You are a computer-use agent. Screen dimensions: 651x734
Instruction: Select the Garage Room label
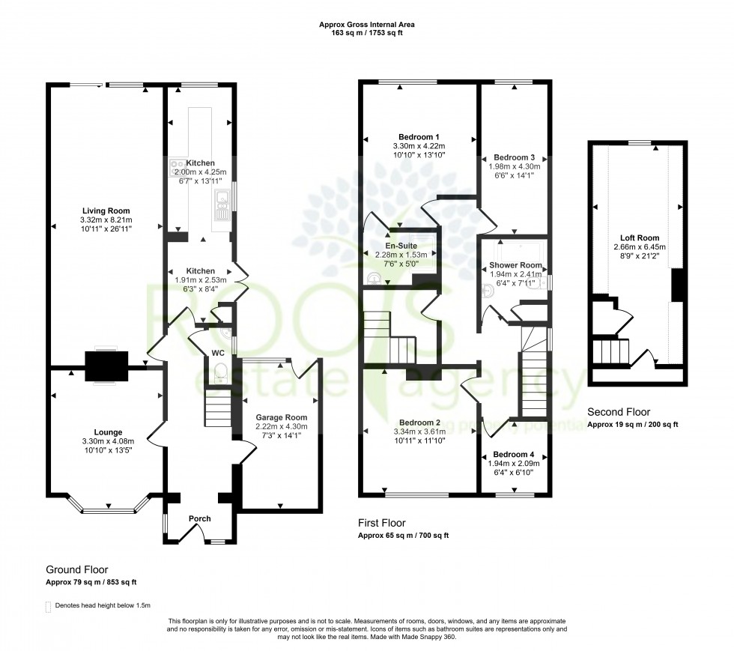[282, 417]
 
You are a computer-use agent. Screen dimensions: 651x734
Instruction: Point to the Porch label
[199, 518]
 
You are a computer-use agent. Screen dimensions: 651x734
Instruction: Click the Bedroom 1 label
[416, 136]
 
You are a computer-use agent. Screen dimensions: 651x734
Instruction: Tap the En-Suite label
[401, 245]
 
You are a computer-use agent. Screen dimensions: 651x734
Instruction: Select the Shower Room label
[515, 265]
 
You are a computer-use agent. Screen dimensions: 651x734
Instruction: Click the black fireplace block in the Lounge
[105, 366]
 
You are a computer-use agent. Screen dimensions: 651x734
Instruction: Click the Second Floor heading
[619, 412]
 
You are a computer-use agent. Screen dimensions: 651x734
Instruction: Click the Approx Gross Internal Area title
[366, 25]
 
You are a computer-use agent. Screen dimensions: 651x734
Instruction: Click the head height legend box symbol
[49, 605]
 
